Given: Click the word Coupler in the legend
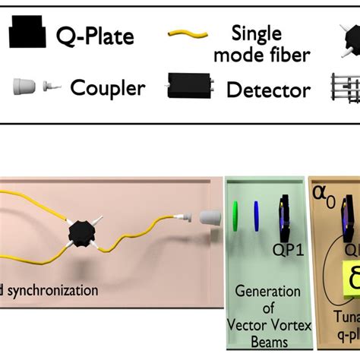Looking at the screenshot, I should coord(109,88).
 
